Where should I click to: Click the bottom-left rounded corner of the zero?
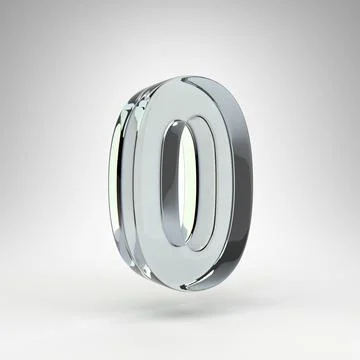pyautogui.click(x=140, y=265)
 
